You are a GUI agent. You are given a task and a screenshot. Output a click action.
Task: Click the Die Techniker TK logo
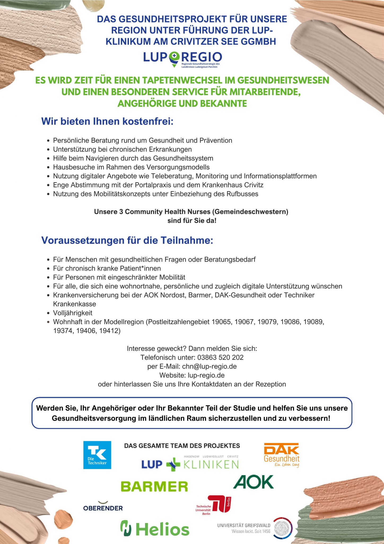(x=97, y=455)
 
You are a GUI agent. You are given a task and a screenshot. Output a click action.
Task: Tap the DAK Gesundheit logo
(x=282, y=455)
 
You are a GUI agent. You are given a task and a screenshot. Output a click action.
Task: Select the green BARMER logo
(x=154, y=486)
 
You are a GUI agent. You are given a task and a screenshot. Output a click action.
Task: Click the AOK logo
(x=253, y=482)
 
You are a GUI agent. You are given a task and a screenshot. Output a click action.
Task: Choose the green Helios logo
(x=155, y=529)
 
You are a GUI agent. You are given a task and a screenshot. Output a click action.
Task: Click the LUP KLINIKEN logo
(x=190, y=464)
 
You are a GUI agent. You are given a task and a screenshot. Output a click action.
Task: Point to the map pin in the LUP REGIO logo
(x=174, y=58)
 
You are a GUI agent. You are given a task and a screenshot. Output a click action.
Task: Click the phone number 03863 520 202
(x=220, y=357)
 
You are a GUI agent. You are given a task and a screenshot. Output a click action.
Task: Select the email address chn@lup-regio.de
(x=209, y=366)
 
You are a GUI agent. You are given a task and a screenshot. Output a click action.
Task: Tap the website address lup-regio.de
(x=206, y=375)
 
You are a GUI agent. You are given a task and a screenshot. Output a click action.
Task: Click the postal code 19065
(x=221, y=322)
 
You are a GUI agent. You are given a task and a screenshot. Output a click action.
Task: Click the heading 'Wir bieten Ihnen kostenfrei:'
(x=107, y=121)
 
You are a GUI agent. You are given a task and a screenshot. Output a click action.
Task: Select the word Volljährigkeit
(x=73, y=313)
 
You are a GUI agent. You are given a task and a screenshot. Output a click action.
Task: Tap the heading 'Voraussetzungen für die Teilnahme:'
(x=127, y=240)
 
